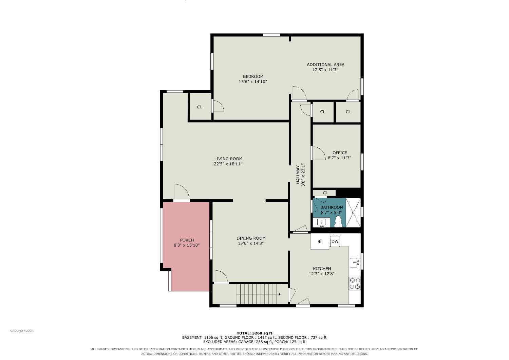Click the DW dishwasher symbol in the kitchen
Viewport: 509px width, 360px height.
pos(335,241)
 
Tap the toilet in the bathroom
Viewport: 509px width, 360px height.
pos(338,222)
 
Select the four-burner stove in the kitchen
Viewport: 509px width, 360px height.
pos(355,283)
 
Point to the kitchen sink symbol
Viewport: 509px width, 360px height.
pos(354,263)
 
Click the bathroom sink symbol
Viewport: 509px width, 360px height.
pos(321,223)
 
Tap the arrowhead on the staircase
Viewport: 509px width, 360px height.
pos(280,294)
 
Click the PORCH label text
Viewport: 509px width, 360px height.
pos(187,240)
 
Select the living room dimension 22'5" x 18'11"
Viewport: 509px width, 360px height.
pos(228,164)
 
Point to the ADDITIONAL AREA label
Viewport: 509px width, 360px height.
pos(326,65)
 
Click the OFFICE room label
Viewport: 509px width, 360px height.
pos(340,152)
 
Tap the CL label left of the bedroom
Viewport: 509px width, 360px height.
pos(200,107)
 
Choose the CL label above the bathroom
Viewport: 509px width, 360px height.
pos(325,193)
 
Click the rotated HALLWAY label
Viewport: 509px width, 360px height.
pos(298,175)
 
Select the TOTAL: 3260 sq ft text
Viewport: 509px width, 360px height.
pos(254,333)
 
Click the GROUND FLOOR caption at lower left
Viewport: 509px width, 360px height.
pos(22,331)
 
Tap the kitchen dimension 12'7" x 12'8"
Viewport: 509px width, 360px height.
pos(322,274)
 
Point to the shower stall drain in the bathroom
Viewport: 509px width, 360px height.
pos(353,213)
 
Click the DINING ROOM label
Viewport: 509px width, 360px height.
pos(251,238)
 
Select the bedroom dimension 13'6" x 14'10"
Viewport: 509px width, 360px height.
pos(253,82)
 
